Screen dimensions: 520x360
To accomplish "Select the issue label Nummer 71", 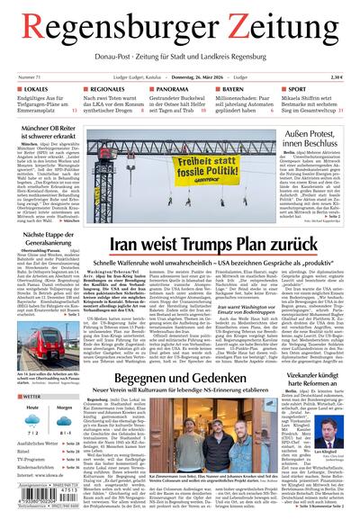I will [28, 78].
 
